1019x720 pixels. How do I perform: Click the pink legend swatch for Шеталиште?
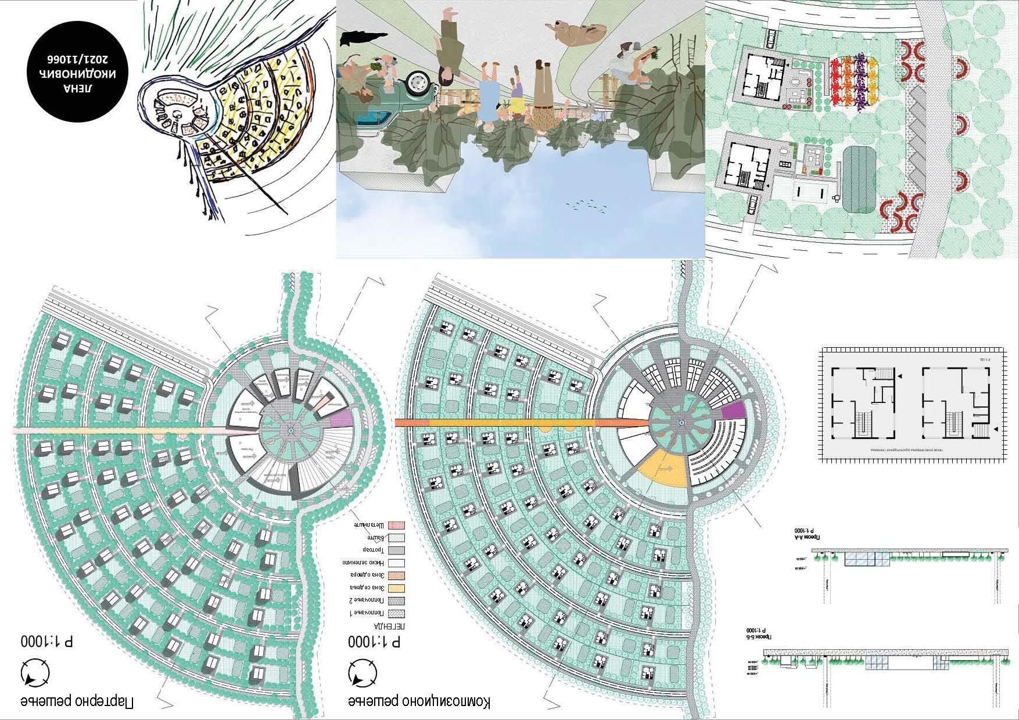(x=396, y=525)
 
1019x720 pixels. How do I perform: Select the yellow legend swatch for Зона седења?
(x=396, y=588)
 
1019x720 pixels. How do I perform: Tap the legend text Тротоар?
(x=371, y=550)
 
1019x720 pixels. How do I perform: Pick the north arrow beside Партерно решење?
(x=35, y=674)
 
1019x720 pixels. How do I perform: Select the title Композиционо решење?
(x=418, y=701)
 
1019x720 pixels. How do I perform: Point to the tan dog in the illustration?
(x=575, y=32)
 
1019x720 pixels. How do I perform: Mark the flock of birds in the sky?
(x=587, y=204)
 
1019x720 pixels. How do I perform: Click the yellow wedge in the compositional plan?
(x=663, y=467)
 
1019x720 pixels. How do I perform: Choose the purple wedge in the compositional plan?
(x=733, y=411)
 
